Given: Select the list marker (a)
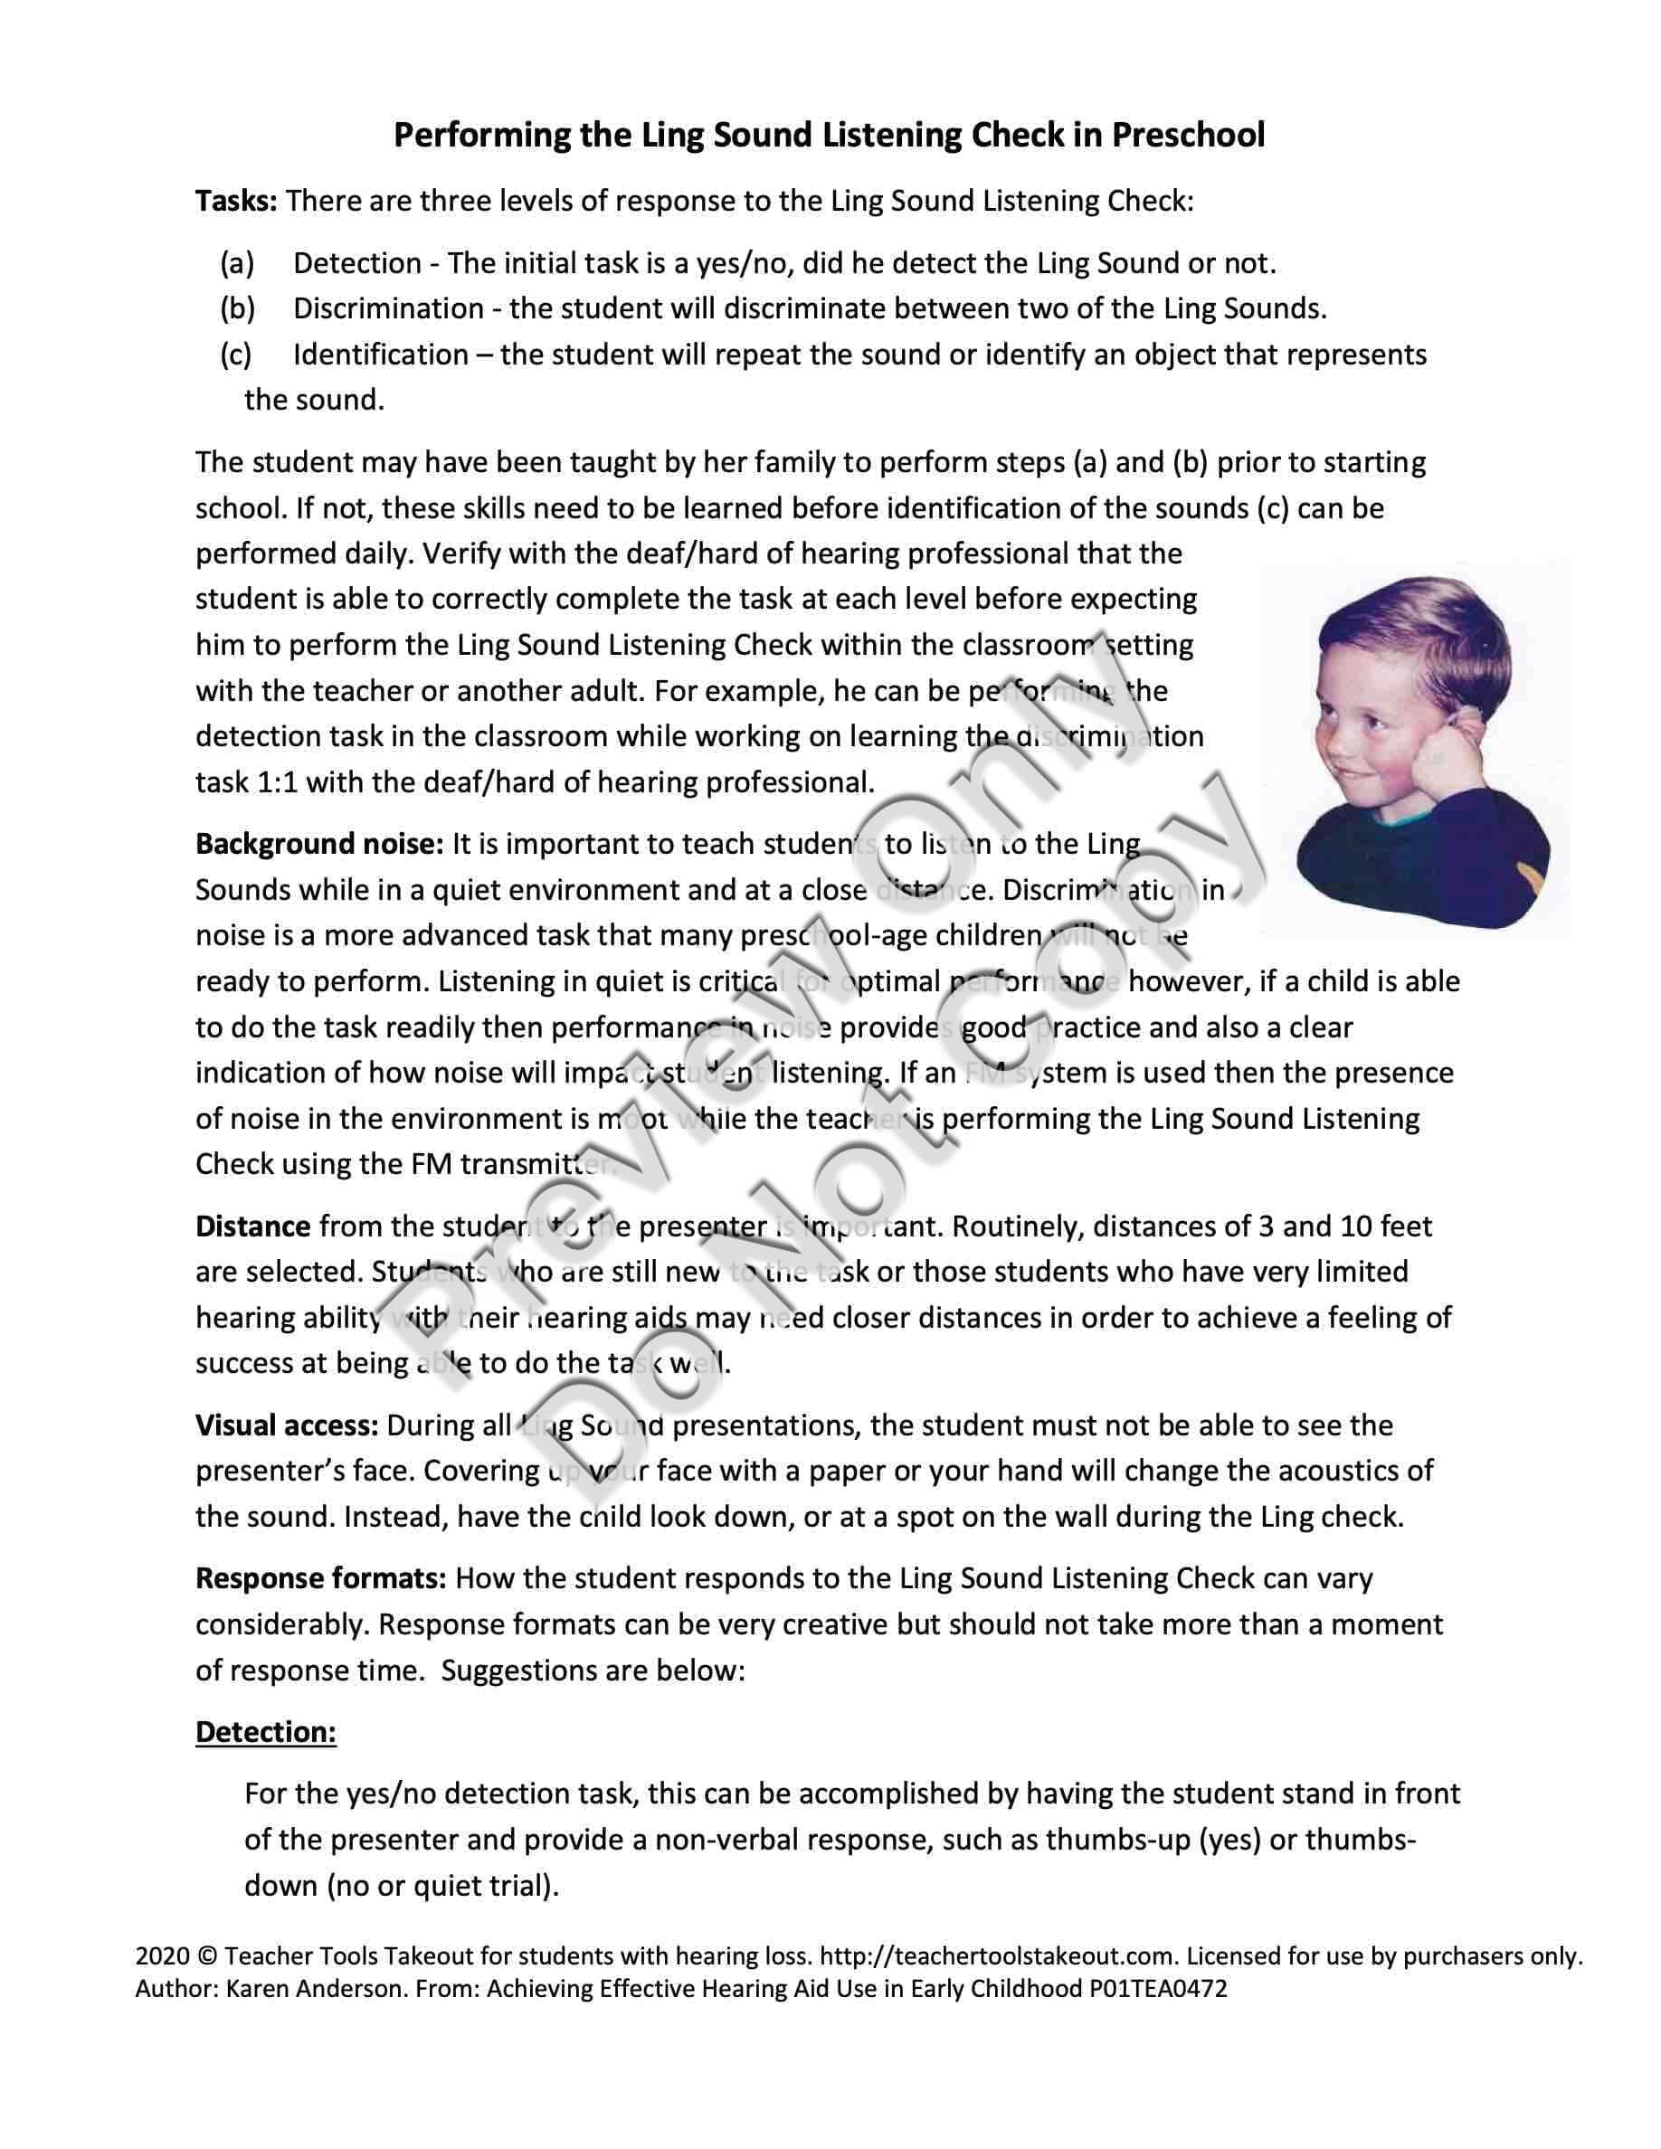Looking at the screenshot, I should [x=237, y=264].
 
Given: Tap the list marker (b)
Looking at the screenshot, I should [x=237, y=309].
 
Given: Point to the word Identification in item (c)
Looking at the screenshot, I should [x=381, y=355].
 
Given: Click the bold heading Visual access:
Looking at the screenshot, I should [x=288, y=1425].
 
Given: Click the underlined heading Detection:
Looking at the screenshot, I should [x=266, y=1732].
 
